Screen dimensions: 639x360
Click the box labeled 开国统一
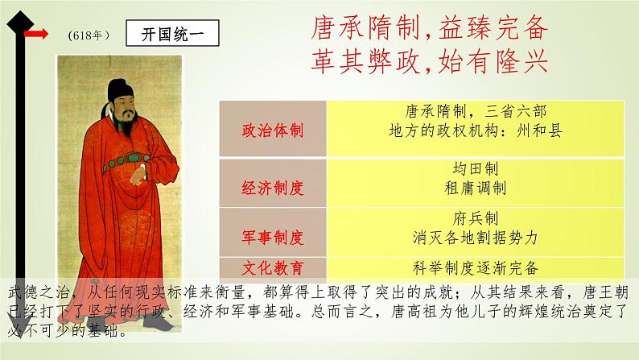(x=172, y=33)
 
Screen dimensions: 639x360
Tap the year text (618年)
(x=89, y=35)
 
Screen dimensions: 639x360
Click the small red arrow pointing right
(x=36, y=34)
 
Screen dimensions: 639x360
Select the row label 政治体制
(x=272, y=130)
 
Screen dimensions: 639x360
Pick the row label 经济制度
(x=272, y=188)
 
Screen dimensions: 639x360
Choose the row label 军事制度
(x=272, y=237)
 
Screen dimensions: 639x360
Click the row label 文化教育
(x=272, y=268)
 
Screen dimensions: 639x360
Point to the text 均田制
(x=475, y=168)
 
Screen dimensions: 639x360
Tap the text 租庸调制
(x=475, y=188)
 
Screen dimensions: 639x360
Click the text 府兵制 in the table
(x=475, y=218)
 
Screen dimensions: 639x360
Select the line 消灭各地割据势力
(x=475, y=238)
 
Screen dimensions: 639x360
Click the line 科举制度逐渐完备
(x=475, y=268)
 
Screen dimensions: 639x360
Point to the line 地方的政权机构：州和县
(x=475, y=130)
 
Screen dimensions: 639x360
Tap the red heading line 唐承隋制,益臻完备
(x=430, y=28)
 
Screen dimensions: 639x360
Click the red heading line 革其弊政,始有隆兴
(x=430, y=62)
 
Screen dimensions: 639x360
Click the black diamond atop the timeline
(x=20, y=23)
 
